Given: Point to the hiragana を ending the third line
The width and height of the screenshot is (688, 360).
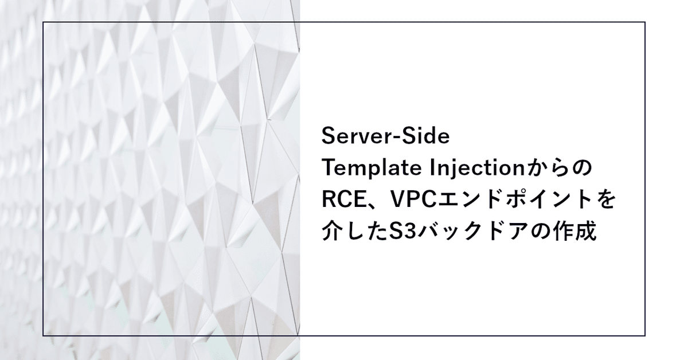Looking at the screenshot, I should [x=605, y=201].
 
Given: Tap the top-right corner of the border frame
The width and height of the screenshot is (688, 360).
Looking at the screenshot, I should [x=645, y=22].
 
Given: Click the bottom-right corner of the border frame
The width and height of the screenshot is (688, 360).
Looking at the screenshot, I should [x=645, y=335].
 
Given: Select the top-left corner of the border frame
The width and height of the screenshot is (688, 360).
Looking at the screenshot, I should [x=43, y=22].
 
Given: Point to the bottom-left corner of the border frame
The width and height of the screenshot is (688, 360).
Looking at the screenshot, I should [x=43, y=335].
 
